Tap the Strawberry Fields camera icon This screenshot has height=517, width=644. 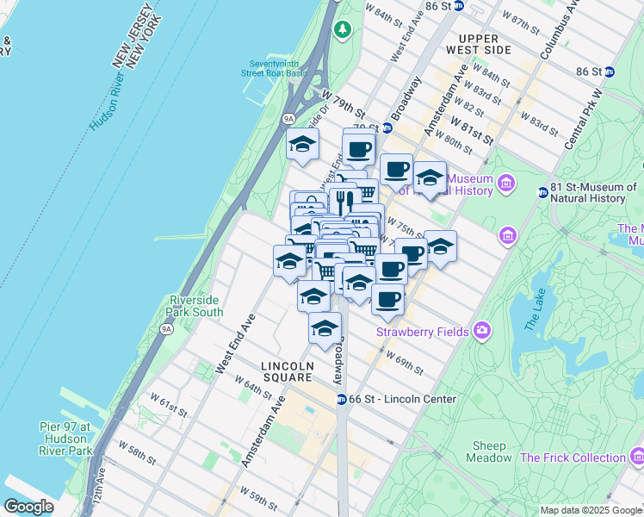[481, 331]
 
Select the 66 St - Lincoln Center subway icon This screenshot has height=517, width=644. [341, 399]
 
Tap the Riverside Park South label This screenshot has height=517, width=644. [195, 306]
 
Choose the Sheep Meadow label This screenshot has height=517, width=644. [488, 452]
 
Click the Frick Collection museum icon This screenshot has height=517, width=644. [636, 456]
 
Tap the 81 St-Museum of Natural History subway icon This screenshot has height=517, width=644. [542, 192]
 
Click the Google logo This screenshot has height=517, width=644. [28, 507]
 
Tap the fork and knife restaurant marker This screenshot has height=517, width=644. [343, 202]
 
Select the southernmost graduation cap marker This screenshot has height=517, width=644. [325, 328]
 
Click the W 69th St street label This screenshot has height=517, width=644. [405, 362]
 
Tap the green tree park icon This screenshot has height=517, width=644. [344, 30]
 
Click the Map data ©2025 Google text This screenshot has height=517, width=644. [591, 510]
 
